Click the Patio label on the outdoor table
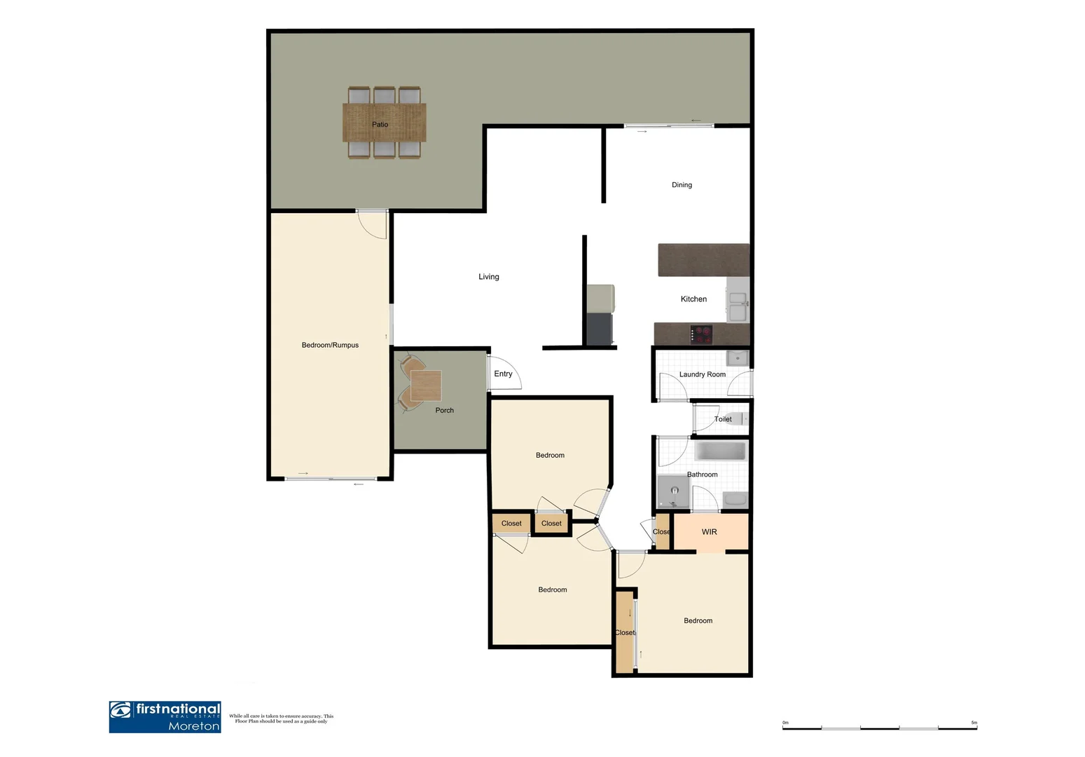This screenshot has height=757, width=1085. pos(380,125)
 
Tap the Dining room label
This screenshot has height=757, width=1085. pos(682,185)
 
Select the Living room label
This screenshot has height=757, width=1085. pos(488,277)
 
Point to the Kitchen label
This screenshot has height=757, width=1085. pos(693,299)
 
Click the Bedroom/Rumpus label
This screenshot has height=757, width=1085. pos(330,346)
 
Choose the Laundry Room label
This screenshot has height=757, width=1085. pos(702,375)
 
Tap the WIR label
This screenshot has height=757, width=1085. pos(709,532)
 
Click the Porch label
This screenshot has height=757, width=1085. pos(444,411)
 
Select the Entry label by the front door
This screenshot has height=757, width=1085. pos(503,374)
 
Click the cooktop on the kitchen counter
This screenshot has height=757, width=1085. pos(701,334)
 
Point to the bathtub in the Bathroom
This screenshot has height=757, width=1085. pos(720,451)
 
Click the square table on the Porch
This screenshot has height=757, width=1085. pos(426,386)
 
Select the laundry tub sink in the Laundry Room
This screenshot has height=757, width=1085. pos(737,359)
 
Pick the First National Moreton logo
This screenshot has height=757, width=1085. pos(165,717)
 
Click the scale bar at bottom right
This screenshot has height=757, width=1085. pos(879,728)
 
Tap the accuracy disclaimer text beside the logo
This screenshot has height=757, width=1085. pos(281,718)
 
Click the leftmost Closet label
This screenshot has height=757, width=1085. pos(511,524)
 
